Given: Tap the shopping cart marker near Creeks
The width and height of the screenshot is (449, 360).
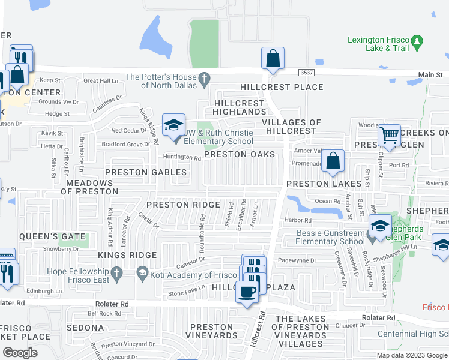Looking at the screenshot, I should tap(389, 136).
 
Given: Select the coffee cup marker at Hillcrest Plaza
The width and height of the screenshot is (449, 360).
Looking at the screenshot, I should tap(247, 293).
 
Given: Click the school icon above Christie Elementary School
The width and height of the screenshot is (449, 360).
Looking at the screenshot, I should tap(173, 125).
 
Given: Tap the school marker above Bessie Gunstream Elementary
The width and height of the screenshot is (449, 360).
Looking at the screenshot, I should tap(380, 226).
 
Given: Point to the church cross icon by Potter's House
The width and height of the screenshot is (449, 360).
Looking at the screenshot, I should tap(205, 79).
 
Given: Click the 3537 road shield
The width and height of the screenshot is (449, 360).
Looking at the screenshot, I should tap(306, 72).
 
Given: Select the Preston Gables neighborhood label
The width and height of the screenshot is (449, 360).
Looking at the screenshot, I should tap(146, 173).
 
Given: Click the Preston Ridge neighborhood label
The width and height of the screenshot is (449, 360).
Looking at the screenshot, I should tap(184, 205).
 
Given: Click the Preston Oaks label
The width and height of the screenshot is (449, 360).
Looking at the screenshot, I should tap(240, 155).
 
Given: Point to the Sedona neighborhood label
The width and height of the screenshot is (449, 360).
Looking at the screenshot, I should tap(85, 328).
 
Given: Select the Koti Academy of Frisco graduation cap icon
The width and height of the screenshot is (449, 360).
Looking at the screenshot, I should tap(142, 275).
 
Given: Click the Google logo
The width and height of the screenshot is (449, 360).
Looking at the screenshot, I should tap(20, 353).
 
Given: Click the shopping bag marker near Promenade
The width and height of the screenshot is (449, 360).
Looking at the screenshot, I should tap(333, 161).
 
